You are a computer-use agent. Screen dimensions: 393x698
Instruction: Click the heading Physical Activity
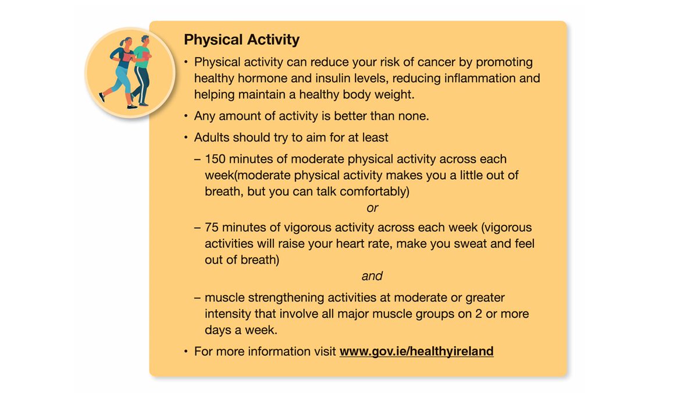point(241,40)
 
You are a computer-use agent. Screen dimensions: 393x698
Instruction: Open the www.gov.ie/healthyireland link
point(416,352)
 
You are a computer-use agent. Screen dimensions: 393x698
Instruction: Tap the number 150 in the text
point(215,159)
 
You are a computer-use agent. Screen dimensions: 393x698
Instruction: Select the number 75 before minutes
point(212,227)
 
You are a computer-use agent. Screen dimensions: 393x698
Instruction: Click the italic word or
point(372,207)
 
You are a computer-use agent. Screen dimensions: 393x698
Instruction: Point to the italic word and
point(372,275)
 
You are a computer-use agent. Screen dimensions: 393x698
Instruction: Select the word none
point(413,116)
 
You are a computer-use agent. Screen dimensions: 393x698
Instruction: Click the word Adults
point(212,138)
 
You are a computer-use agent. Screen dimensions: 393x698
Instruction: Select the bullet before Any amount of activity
point(186,116)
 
